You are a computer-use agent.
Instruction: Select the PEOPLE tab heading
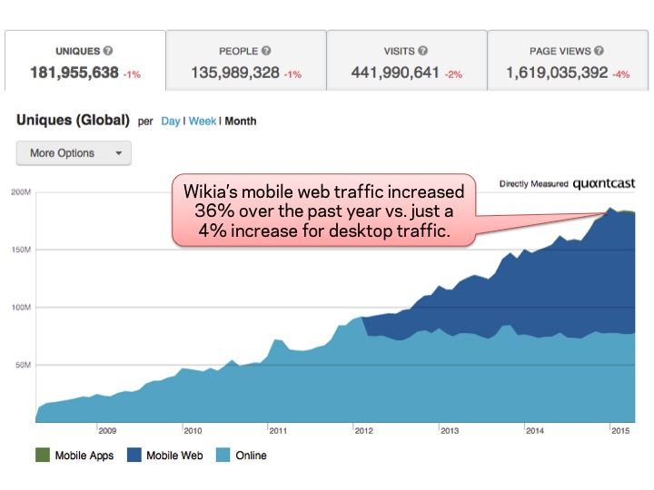[239, 52]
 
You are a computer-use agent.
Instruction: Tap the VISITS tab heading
[400, 52]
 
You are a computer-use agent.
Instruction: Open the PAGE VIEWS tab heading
[561, 52]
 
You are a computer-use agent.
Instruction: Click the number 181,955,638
[74, 73]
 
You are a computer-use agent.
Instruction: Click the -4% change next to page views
[622, 73]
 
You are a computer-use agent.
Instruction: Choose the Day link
[171, 122]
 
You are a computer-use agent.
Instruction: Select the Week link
[203, 122]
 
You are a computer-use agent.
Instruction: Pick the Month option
[241, 122]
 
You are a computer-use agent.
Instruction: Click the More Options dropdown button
[74, 153]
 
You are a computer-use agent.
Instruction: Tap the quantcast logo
[604, 184]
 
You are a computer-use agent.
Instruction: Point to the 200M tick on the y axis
[21, 192]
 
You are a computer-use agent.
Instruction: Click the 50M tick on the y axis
[23, 366]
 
